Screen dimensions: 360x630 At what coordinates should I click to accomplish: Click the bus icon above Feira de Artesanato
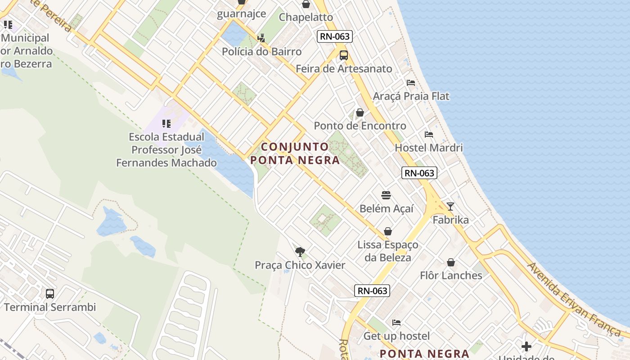(x=344, y=55)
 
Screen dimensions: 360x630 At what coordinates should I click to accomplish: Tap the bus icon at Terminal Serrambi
(x=50, y=294)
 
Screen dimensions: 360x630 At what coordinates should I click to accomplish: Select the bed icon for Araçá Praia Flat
(x=410, y=83)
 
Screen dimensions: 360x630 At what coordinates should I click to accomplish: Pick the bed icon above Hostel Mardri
(x=428, y=135)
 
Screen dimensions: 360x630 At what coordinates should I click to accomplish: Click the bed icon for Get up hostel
(x=396, y=323)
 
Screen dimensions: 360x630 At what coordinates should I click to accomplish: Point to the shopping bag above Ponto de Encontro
(x=360, y=112)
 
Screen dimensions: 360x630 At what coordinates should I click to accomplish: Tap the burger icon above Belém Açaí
(x=386, y=195)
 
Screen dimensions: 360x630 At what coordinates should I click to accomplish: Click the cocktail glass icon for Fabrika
(x=450, y=207)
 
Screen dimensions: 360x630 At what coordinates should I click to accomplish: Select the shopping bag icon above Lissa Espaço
(x=388, y=231)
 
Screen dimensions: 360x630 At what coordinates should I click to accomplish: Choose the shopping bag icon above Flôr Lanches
(x=451, y=262)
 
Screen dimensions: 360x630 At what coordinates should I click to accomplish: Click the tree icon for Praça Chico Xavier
(x=300, y=252)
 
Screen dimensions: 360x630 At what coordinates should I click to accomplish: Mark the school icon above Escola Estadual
(x=166, y=123)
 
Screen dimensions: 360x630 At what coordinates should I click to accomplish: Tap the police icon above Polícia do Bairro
(x=261, y=38)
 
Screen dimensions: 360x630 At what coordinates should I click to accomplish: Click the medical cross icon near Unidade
(x=526, y=346)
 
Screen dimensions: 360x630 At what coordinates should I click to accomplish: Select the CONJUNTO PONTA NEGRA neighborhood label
(x=295, y=153)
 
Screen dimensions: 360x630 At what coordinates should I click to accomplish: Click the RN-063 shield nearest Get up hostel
(x=373, y=291)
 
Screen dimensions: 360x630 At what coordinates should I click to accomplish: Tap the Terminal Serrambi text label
(x=50, y=307)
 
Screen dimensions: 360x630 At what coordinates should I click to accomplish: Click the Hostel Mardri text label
(x=429, y=148)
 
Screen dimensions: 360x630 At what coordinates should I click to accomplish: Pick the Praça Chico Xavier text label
(x=300, y=265)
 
